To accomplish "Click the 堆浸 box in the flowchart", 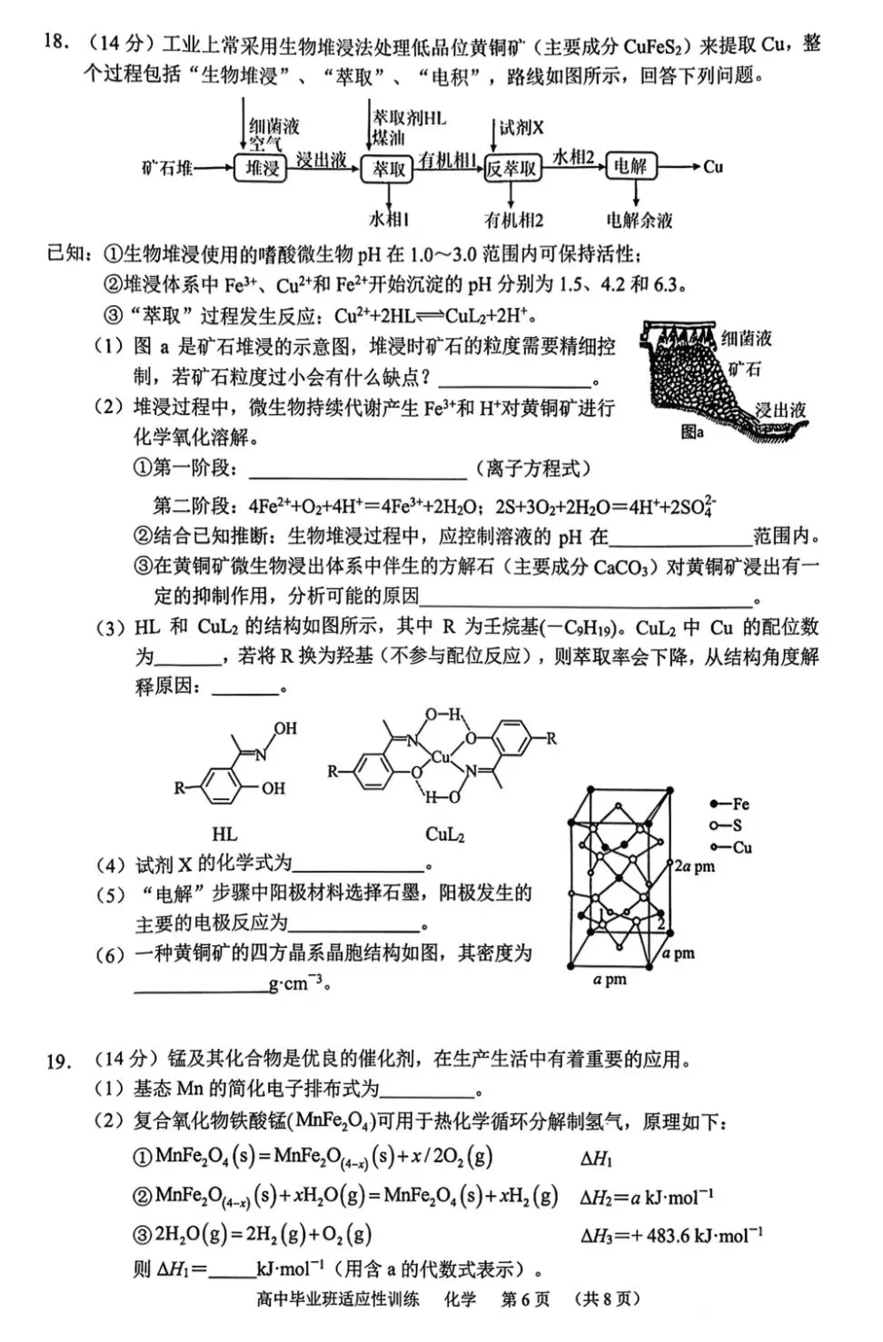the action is [x=262, y=167].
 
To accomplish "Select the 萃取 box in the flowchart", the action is [x=388, y=168].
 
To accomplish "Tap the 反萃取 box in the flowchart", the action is [x=511, y=168].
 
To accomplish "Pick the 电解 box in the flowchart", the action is [x=630, y=166].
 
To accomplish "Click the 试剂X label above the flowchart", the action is [x=521, y=128].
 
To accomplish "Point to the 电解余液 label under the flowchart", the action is [x=640, y=220].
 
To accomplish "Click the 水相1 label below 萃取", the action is [x=389, y=219].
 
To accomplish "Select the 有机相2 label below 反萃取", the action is [x=513, y=220].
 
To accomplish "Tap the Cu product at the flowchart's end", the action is [x=713, y=166].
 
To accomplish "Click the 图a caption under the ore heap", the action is [x=692, y=432].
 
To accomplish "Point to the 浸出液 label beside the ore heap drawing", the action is [x=780, y=410].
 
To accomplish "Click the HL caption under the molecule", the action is [x=224, y=834].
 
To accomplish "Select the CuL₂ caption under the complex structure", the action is [x=445, y=834].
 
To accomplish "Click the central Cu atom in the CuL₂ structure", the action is [x=441, y=756].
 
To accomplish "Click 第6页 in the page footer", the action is [x=526, y=1298].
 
